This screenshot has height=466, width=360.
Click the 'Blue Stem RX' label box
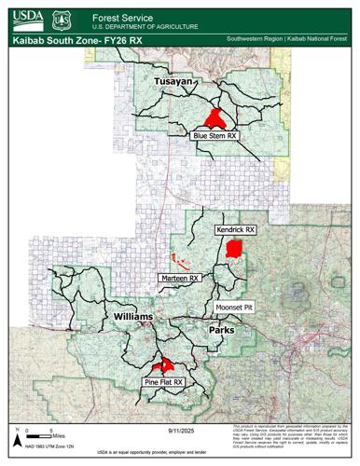[215, 135]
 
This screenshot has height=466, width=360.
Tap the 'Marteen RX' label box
[182, 278]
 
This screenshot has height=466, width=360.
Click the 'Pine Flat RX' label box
[163, 382]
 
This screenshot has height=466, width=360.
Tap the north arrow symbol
[17, 428]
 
